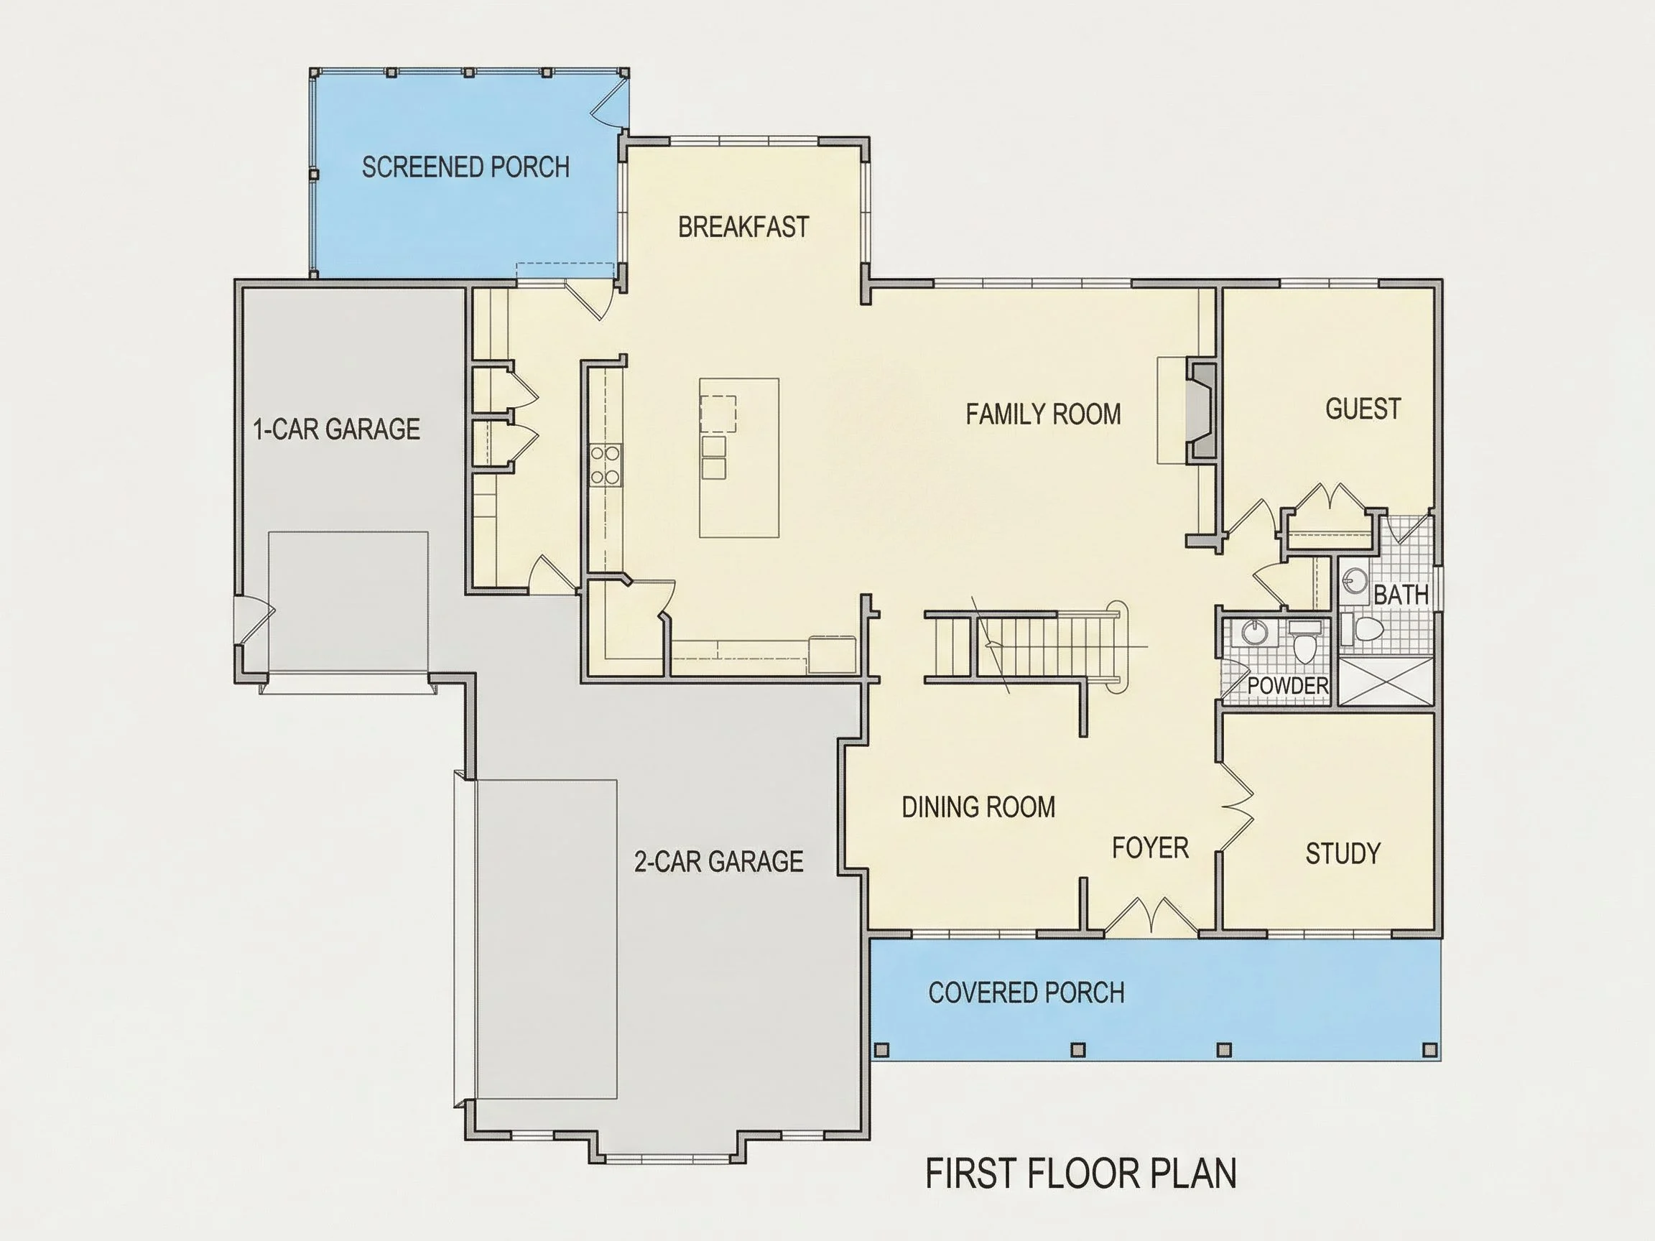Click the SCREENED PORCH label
[465, 167]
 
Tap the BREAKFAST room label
[743, 227]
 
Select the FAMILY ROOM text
[1043, 414]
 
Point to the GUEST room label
[1363, 409]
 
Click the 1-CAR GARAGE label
[337, 429]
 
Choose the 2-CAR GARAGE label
[718, 861]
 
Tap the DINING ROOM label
[978, 807]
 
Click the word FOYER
[1150, 847]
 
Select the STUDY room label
[1343, 852]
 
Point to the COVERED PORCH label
[1026, 992]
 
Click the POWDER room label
[1288, 685]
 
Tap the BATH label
[1401, 595]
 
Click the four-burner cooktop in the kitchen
[605, 465]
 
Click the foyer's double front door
[1151, 916]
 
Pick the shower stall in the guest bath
[1385, 682]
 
